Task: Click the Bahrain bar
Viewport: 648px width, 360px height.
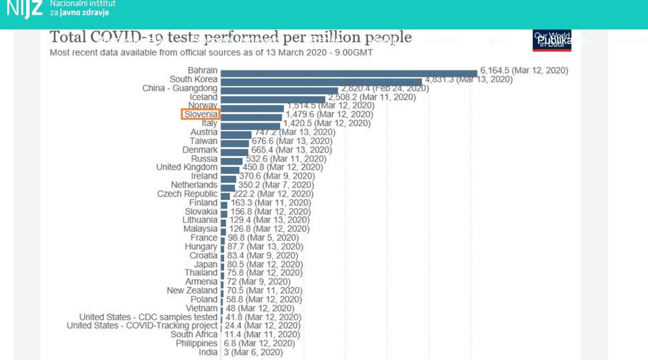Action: tap(349, 71)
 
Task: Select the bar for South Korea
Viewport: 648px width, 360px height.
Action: tap(321, 80)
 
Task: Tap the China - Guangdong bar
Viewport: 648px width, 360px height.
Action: tap(279, 89)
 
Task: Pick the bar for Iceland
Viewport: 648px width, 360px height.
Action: tap(273, 98)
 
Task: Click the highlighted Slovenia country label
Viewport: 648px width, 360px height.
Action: tap(201, 114)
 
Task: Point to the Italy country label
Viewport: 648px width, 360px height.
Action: tap(210, 123)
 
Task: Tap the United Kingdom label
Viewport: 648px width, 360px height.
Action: tap(187, 168)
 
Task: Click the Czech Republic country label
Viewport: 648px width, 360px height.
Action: tap(187, 194)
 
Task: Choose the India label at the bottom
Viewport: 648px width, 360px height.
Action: tap(207, 352)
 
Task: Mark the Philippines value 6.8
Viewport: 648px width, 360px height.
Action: tap(259, 343)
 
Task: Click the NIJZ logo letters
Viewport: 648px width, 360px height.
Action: tap(24, 9)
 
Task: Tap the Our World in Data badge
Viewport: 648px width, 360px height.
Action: tap(551, 40)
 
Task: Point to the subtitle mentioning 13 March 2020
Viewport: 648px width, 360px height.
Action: tap(211, 52)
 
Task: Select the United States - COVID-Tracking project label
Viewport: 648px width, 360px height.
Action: tap(142, 326)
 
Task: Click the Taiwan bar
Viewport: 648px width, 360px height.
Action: tap(234, 141)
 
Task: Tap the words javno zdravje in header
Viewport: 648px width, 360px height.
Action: tap(80, 12)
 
